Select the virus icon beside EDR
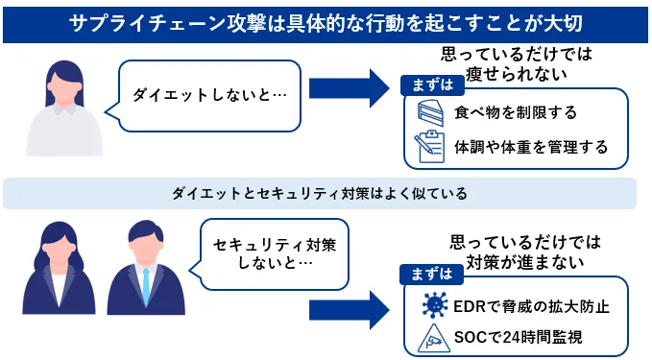tap(434, 305)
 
